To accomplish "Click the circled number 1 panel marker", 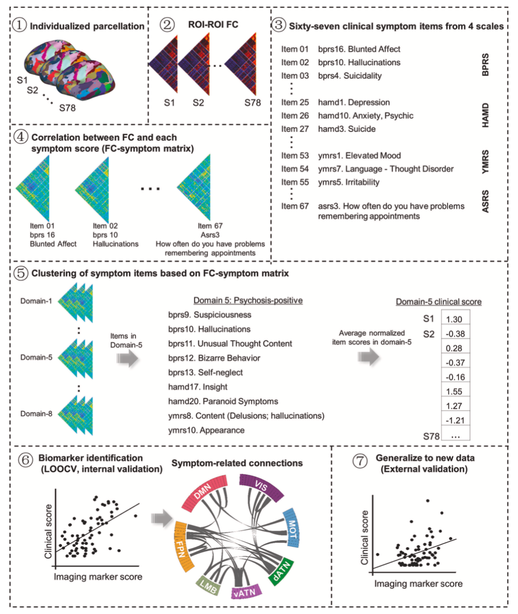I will [x=19, y=25].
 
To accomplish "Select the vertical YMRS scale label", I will [x=485, y=162].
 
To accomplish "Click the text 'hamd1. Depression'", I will [x=353, y=102].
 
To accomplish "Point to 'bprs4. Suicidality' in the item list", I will [x=350, y=75].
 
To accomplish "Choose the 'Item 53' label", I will [x=295, y=156].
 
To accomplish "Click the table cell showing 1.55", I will [x=454, y=391].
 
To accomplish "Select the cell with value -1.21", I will [x=454, y=420].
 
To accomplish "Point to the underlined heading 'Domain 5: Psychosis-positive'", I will [x=248, y=301].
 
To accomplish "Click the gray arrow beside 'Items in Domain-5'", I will [x=127, y=358].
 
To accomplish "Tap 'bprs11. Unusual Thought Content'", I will [x=230, y=344].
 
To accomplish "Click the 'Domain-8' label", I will [x=36, y=413].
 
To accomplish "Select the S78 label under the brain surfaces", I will [x=68, y=108].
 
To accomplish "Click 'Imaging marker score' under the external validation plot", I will [x=418, y=584].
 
